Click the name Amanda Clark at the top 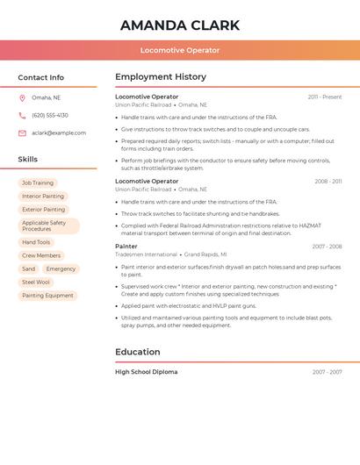(x=180, y=25)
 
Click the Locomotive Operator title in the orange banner (x=180, y=50)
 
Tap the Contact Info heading (x=40, y=77)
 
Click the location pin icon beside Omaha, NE (x=22, y=98)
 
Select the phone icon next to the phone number (x=22, y=116)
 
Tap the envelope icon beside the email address (x=22, y=133)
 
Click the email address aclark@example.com (x=59, y=133)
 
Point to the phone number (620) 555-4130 (x=50, y=116)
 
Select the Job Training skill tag (x=38, y=183)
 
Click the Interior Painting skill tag (x=43, y=197)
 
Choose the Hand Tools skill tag (x=36, y=242)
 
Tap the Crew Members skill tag (x=41, y=255)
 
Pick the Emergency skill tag (x=61, y=268)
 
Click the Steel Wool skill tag (x=36, y=283)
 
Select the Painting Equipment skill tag (x=47, y=296)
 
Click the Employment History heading (x=161, y=77)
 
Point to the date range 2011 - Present (x=324, y=97)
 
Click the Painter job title (x=126, y=247)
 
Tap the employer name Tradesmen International (x=146, y=254)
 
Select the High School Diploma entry (x=146, y=372)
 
